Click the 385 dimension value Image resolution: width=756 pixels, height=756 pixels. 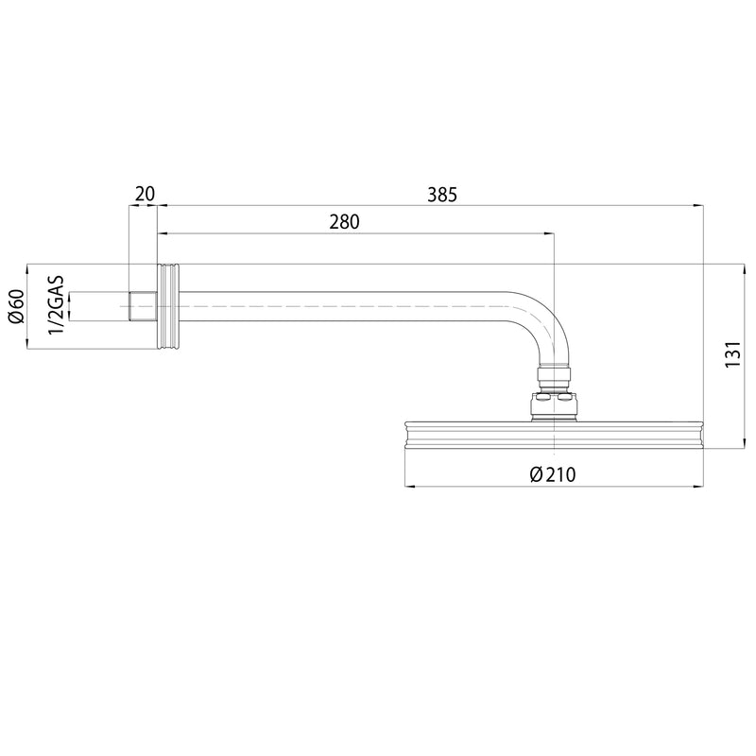click(x=441, y=196)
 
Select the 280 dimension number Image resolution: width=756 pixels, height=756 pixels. click(x=345, y=222)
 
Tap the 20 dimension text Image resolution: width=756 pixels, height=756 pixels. click(x=145, y=195)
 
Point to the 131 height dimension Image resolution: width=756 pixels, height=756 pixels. click(x=733, y=353)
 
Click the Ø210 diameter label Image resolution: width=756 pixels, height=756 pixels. click(x=553, y=474)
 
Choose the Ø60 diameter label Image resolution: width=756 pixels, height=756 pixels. click(x=16, y=306)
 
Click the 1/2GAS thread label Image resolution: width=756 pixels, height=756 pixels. click(x=57, y=303)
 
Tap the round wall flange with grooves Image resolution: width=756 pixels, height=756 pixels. click(x=168, y=306)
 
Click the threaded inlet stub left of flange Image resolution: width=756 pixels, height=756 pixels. click(x=144, y=306)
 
